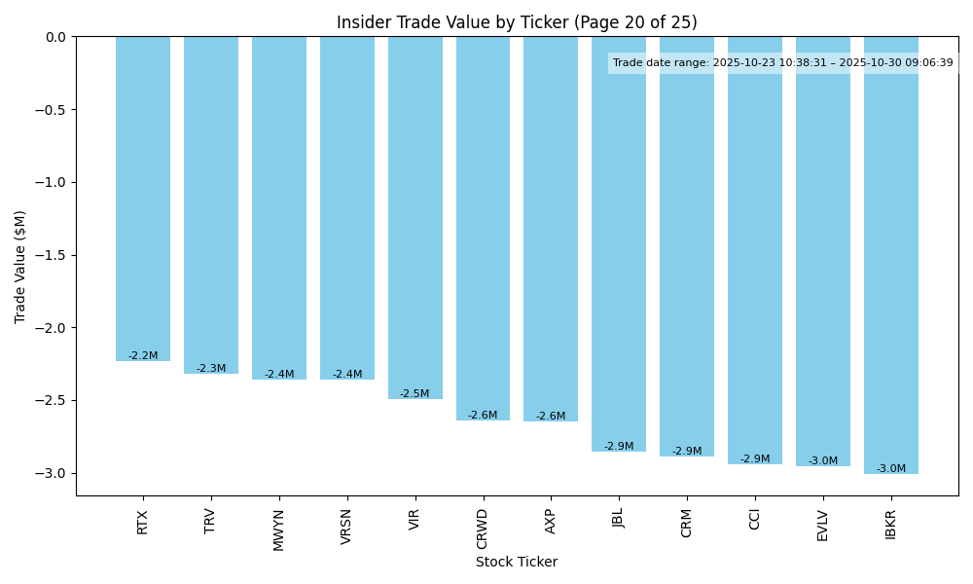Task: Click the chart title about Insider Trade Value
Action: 517,22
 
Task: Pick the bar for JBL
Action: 619,243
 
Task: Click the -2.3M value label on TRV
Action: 211,369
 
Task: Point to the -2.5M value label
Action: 414,394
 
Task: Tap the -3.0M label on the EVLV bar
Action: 822,461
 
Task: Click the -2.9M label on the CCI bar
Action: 754,459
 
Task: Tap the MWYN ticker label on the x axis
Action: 279,529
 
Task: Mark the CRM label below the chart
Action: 687,523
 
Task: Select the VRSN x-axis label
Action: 346,527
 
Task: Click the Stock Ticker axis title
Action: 517,562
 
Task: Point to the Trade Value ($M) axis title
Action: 20,267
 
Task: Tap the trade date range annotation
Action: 782,63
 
